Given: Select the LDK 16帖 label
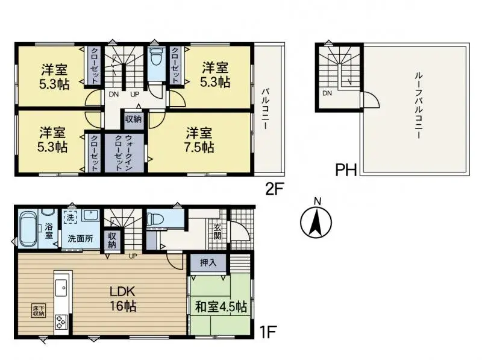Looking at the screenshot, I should coord(123,298).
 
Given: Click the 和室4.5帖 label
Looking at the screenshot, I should coord(221,306).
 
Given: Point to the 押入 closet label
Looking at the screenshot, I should coord(201,263).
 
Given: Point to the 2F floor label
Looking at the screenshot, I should coord(274,189).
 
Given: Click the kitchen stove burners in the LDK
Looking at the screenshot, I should coord(62,321).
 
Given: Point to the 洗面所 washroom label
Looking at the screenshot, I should coord(80,238).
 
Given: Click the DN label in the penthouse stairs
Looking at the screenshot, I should coord(327,93).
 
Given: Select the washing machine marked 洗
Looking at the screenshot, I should coord(70,216).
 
